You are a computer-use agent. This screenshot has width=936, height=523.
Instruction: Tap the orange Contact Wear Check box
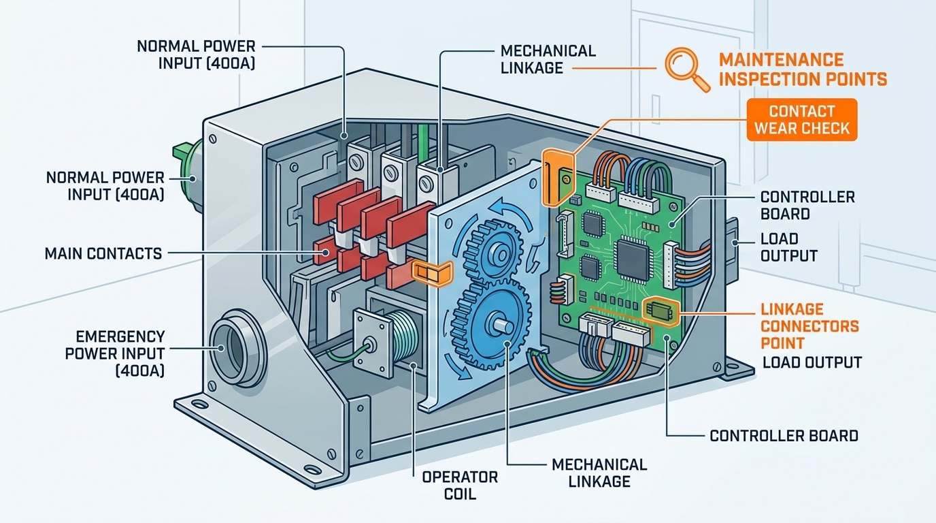(x=803, y=119)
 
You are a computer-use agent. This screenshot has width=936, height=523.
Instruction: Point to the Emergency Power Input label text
(x=120, y=353)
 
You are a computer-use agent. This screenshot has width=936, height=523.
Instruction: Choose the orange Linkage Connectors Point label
(x=809, y=326)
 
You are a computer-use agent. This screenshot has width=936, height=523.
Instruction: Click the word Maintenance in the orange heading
(x=781, y=60)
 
